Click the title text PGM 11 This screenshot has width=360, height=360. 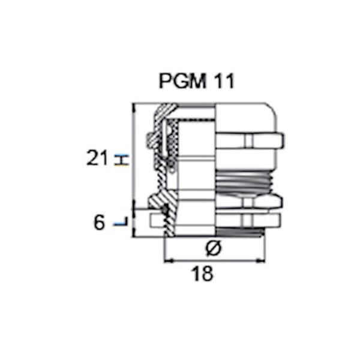[197, 81]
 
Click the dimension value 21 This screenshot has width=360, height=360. [97, 158]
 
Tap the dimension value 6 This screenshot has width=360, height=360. [99, 222]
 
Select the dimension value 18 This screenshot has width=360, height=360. [202, 274]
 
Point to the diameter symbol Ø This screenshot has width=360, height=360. [214, 248]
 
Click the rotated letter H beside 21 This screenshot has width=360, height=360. [122, 160]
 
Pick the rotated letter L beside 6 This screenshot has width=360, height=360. [121, 221]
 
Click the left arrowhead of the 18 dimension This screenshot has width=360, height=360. [168, 261]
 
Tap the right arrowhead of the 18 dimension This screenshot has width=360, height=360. [261, 261]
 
